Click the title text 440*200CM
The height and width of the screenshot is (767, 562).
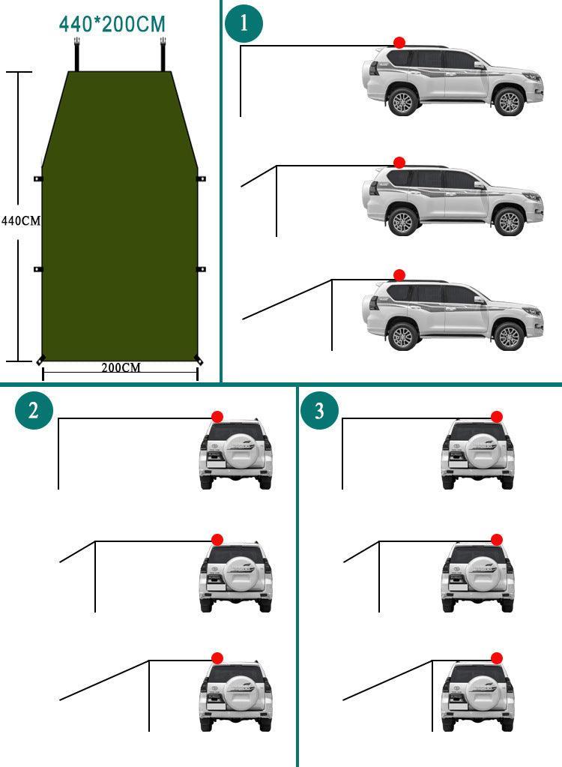pos(112,24)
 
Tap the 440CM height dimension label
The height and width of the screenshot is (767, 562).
pos(20,221)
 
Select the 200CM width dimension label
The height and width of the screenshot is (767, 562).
pos(121,367)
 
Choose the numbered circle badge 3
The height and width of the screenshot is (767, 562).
pos(319,411)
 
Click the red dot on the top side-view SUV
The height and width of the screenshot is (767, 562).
pos(399,43)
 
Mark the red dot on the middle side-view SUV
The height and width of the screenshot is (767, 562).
pos(399,163)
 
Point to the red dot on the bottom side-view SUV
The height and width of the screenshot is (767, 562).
pos(399,275)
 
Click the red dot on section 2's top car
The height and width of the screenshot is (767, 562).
pos(217,417)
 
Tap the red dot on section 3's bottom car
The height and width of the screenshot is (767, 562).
pos(496,658)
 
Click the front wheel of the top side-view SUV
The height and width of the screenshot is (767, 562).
pos(510,102)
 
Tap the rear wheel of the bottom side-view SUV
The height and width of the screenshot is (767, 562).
pos(403,336)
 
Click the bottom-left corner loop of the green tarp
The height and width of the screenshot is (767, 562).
pos(40,360)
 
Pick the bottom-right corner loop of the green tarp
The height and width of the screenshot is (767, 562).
pos(199,360)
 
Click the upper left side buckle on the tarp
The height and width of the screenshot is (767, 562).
pos(38,179)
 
